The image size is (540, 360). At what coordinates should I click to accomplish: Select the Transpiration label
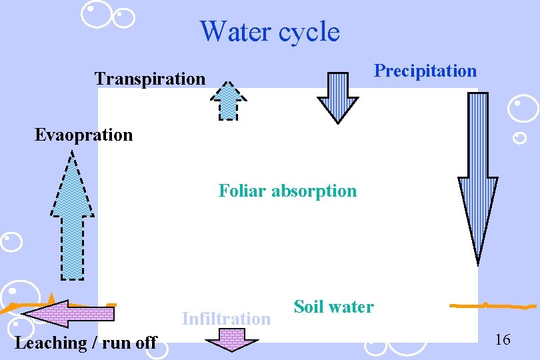click(150, 79)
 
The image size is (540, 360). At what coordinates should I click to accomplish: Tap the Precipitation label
click(425, 71)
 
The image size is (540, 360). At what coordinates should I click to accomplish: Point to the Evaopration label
click(84, 135)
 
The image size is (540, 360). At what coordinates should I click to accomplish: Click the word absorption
click(314, 191)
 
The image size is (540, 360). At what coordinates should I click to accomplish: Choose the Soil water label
click(333, 307)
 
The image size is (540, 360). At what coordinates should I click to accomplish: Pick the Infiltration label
click(226, 319)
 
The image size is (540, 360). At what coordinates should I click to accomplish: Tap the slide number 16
click(503, 340)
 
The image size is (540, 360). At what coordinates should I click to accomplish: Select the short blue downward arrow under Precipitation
click(337, 97)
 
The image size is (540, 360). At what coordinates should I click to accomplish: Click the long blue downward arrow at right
click(478, 177)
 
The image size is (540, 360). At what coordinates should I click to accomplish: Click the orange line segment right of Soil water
click(493, 306)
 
